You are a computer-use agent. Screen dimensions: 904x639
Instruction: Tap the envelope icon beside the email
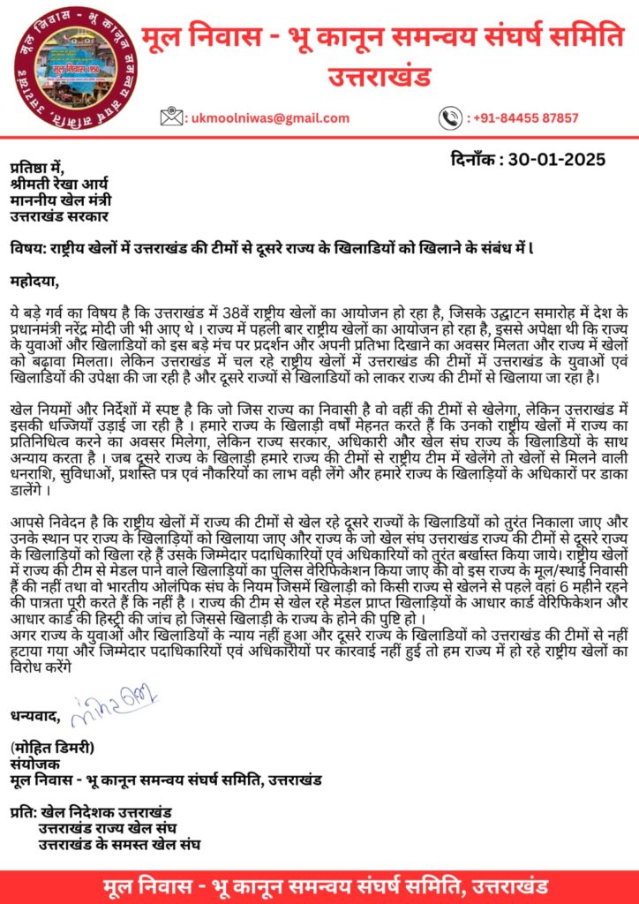(x=172, y=117)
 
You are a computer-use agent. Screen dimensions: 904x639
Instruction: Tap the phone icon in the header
(x=451, y=117)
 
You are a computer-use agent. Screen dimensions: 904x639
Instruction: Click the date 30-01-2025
(x=556, y=160)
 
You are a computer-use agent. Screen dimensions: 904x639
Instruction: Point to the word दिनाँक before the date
(x=476, y=160)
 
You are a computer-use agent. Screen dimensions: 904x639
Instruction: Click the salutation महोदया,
(x=34, y=282)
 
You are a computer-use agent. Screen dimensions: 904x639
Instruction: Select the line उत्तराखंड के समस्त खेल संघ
(x=118, y=844)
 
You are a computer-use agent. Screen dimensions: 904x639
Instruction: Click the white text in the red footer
(x=319, y=885)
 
